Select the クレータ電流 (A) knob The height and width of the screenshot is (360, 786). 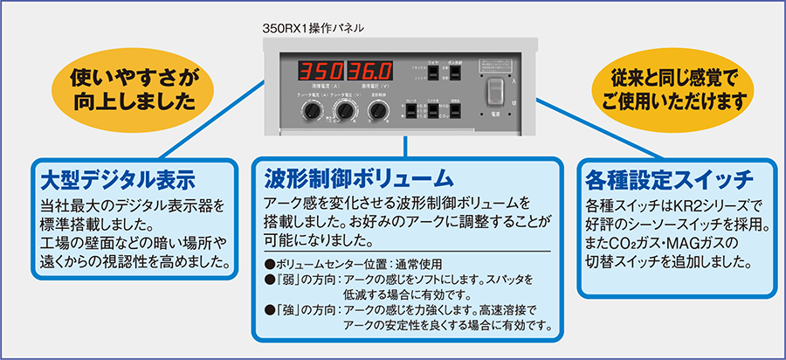click(x=311, y=112)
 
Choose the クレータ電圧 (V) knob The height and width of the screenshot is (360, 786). click(x=344, y=112)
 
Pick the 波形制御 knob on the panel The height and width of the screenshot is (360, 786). click(x=378, y=112)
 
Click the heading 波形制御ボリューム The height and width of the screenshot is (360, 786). click(x=359, y=179)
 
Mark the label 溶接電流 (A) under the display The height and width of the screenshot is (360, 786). click(x=321, y=88)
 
